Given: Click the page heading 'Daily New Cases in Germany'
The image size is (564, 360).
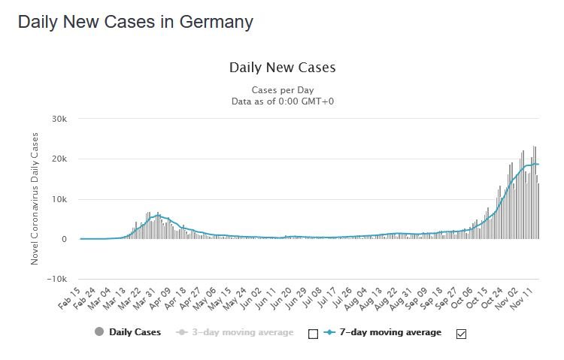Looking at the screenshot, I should [x=135, y=22].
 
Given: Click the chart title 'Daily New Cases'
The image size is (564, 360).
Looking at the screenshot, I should [x=282, y=68].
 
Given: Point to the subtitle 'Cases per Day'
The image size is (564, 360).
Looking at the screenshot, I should [x=282, y=89].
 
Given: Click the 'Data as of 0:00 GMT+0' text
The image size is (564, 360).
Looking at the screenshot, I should [x=282, y=100].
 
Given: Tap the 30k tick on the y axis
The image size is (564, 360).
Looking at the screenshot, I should [x=59, y=119].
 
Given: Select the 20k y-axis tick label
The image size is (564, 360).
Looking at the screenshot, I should [x=59, y=159].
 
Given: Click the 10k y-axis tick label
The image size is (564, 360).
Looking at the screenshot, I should [x=59, y=199].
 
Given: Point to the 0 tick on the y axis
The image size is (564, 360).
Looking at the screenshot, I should [x=65, y=239].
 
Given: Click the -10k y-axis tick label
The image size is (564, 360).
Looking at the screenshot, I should [x=57, y=279].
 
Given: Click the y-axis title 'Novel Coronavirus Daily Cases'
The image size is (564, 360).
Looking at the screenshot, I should [x=35, y=198].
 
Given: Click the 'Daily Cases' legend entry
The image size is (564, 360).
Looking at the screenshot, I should [x=128, y=331].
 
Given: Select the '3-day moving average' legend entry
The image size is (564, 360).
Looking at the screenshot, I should [x=237, y=331].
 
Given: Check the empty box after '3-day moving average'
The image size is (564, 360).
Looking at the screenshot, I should [x=314, y=334].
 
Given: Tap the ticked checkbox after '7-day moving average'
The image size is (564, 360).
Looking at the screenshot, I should [x=461, y=334].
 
